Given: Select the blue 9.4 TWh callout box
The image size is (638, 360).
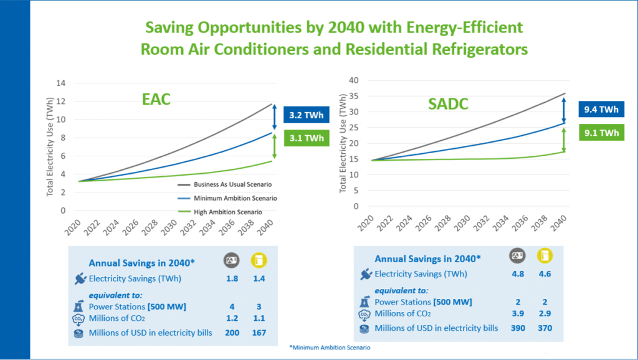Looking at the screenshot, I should pyautogui.click(x=601, y=110).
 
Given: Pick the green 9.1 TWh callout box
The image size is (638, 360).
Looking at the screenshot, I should pyautogui.click(x=601, y=132).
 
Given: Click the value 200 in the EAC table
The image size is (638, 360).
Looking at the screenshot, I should pyautogui.click(x=232, y=333).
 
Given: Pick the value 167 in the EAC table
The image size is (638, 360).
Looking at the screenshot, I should pyautogui.click(x=259, y=333).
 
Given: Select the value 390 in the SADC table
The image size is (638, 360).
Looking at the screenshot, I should pyautogui.click(x=517, y=328).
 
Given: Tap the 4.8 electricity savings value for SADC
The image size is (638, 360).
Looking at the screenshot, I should pyautogui.click(x=517, y=273).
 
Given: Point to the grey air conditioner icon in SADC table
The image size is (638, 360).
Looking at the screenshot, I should pyautogui.click(x=517, y=254).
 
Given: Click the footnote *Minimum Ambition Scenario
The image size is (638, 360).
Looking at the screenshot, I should pyautogui.click(x=330, y=347).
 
